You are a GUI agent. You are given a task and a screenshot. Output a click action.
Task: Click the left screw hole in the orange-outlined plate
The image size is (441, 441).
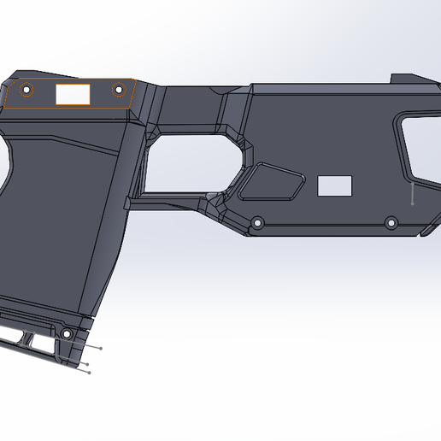coord(26,88)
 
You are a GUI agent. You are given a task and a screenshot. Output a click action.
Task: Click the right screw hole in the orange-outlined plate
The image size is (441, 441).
coord(118,88)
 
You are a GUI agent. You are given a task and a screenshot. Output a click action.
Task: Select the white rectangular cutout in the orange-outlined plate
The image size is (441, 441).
coord(73,94)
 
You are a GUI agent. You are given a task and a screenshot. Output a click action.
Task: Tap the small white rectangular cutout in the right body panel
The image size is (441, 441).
coord(334,185)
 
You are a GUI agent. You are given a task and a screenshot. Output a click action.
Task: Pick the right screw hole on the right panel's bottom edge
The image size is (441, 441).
coord(391,223)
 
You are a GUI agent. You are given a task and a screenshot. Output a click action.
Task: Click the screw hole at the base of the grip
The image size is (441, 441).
coord(66,332)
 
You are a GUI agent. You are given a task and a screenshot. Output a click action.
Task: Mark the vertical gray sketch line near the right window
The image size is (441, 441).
coord(411,193)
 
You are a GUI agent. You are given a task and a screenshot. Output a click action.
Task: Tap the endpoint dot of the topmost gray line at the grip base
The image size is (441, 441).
coord(102,348)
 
